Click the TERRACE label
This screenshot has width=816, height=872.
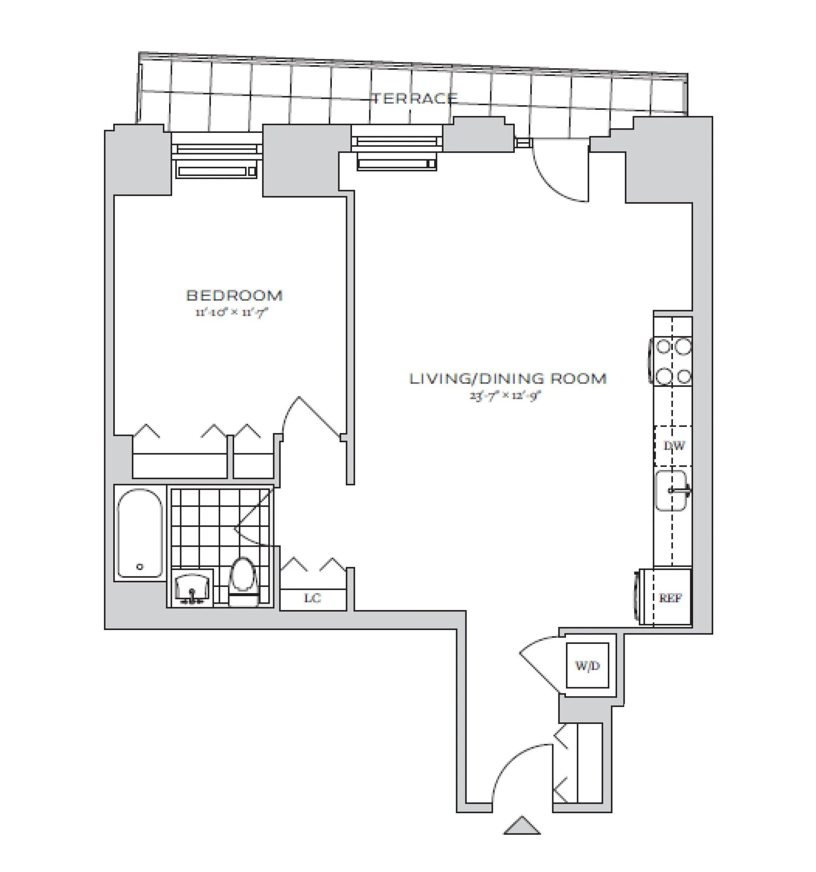(x=415, y=98)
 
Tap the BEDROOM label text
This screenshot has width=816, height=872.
(x=234, y=296)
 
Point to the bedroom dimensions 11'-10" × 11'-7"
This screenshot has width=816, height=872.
(x=231, y=312)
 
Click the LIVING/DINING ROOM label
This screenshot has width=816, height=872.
(x=507, y=379)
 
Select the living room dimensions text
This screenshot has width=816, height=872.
(x=505, y=396)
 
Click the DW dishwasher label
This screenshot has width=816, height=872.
(x=673, y=446)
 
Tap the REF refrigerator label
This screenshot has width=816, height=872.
(x=670, y=598)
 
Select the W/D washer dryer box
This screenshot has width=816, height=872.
(x=587, y=666)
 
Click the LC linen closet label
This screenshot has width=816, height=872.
(x=313, y=598)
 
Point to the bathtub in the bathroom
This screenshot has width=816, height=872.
(x=140, y=533)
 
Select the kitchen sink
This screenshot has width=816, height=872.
(x=670, y=491)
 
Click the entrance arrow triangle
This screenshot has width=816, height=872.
(x=521, y=825)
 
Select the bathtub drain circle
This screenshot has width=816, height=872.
(x=140, y=567)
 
